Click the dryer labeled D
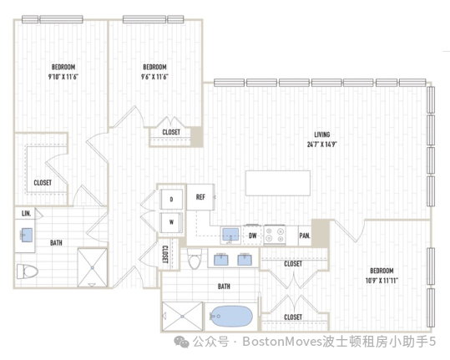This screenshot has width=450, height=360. tap(171, 199)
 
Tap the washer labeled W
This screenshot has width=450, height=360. tap(171, 222)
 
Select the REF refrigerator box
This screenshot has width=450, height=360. tap(200, 197)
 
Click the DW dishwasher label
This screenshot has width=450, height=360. tap(252, 236)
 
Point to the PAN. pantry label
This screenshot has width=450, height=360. tap(305, 236)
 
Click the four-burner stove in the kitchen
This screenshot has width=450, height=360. tap(275, 235)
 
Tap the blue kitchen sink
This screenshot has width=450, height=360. tap(230, 235)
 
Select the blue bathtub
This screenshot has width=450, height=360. tap(231, 317)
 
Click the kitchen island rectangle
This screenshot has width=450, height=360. tap(278, 183)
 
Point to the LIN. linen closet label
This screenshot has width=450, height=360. tap(26, 213)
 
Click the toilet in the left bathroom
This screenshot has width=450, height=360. tap(28, 271)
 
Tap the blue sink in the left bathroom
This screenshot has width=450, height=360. tap(27, 235)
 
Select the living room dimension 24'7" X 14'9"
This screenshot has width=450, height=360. tap(321, 145)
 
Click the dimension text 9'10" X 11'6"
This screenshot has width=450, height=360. tap(63, 77)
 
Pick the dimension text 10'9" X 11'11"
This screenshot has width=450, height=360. tap(382, 281)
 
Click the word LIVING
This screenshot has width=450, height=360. tap(322, 134)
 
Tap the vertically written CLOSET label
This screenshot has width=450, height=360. tap(165, 255)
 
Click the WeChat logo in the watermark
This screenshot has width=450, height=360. tap(181, 342)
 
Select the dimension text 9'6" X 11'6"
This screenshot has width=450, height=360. tap(154, 77)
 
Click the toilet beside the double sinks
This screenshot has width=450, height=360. tap(195, 258)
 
